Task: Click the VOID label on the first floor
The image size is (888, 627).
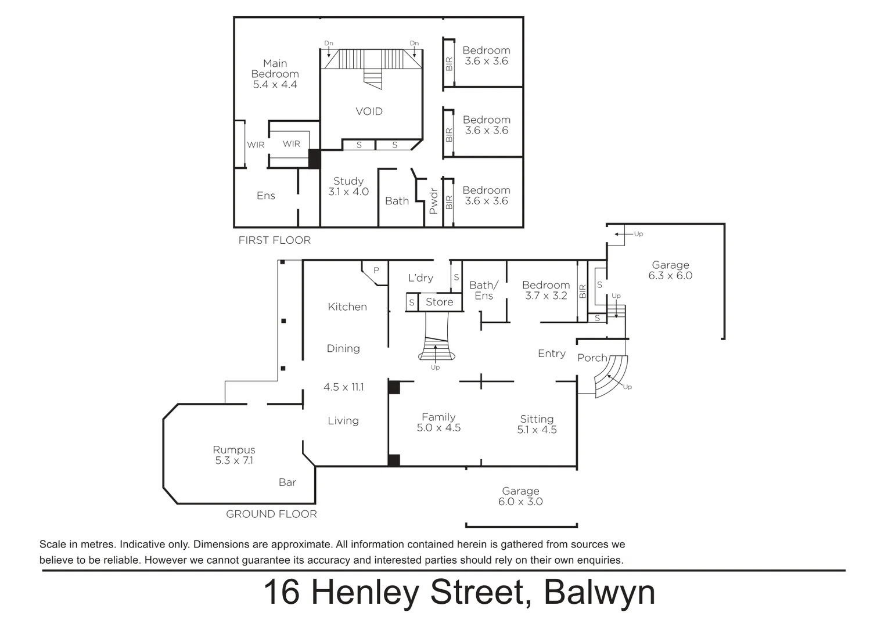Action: click(369, 111)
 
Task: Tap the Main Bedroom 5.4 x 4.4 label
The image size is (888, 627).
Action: click(275, 74)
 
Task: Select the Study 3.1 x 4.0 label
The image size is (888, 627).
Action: click(348, 186)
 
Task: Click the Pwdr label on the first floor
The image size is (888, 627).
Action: click(433, 201)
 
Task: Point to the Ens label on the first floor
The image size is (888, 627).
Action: click(266, 196)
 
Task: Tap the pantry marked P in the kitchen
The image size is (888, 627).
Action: click(376, 271)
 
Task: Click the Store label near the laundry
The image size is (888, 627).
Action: click(439, 302)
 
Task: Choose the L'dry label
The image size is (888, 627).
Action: click(420, 278)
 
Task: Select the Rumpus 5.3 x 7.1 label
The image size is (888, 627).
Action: click(234, 455)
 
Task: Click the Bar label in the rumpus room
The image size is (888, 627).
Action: click(287, 482)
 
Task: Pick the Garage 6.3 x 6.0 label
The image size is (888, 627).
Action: click(670, 271)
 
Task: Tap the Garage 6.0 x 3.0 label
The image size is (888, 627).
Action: click(520, 496)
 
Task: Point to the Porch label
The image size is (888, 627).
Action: click(592, 358)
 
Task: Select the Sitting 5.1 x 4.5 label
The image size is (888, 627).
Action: click(537, 424)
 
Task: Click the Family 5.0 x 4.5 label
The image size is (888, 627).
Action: click(438, 422)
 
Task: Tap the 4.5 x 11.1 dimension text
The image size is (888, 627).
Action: click(344, 387)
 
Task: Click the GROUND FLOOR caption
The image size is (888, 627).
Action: click(271, 514)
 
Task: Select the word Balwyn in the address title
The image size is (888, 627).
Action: click(599, 593)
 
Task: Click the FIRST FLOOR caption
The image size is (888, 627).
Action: click(275, 240)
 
